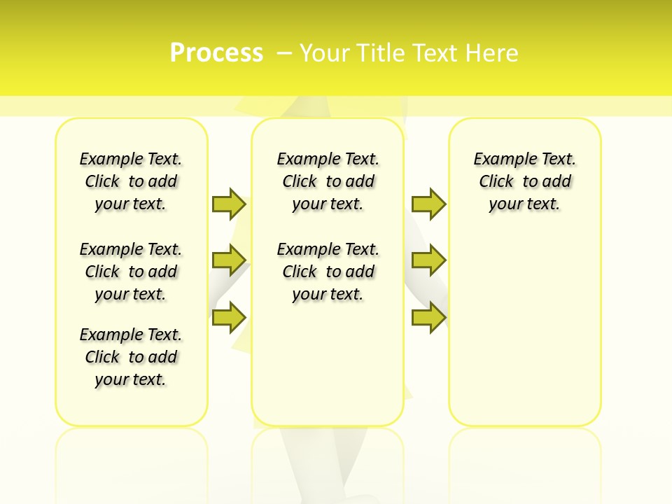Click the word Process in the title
click(216, 52)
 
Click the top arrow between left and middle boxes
click(229, 204)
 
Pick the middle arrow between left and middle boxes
click(229, 260)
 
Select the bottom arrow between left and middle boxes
click(229, 317)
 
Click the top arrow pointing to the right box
click(428, 204)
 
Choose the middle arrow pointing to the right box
click(428, 260)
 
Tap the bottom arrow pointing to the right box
click(428, 317)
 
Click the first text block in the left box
click(131, 181)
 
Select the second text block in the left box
click(131, 272)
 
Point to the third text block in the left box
click(131, 357)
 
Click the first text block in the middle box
click(328, 181)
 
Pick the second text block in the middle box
click(328, 272)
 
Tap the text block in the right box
click(524, 181)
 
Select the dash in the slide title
click(284, 53)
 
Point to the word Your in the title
click(325, 53)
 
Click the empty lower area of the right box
click(524, 329)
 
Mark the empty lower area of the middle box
click(328, 364)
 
